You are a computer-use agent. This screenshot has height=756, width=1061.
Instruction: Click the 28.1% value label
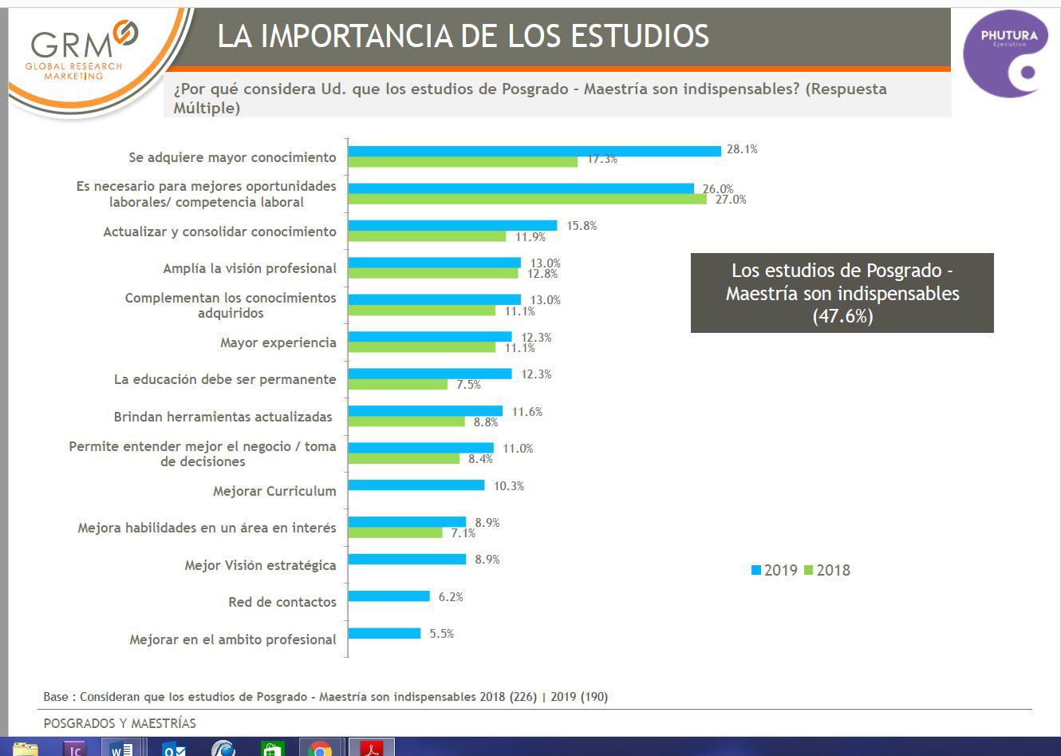pyautogui.click(x=741, y=149)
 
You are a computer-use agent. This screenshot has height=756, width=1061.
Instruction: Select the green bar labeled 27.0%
pyautogui.click(x=527, y=200)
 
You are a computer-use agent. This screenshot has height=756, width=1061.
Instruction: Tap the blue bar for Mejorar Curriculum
pyautogui.click(x=416, y=485)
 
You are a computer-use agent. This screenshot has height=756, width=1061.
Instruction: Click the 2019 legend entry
pyautogui.click(x=774, y=570)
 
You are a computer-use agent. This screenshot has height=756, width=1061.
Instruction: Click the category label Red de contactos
pyautogui.click(x=282, y=602)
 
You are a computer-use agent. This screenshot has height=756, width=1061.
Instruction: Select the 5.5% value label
pyautogui.click(x=441, y=634)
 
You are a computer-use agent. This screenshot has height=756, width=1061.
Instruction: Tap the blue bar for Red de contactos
pyautogui.click(x=389, y=596)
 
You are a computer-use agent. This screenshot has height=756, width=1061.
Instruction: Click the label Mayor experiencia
pyautogui.click(x=278, y=342)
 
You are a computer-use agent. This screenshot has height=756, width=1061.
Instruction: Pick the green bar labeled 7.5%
pyautogui.click(x=397, y=385)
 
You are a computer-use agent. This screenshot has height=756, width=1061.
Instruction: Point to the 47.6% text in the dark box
pyautogui.click(x=842, y=316)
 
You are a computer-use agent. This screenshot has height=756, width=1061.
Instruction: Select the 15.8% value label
pyautogui.click(x=582, y=226)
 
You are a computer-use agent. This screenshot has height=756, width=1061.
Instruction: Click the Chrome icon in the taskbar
pyautogui.click(x=320, y=749)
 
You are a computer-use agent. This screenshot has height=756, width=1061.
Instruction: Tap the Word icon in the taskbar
pyautogui.click(x=122, y=749)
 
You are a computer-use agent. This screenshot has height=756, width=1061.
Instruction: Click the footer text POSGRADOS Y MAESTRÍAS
pyautogui.click(x=120, y=723)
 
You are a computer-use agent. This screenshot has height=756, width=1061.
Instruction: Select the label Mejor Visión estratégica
pyautogui.click(x=260, y=565)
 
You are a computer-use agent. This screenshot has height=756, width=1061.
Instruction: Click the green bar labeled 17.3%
pyautogui.click(x=463, y=162)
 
